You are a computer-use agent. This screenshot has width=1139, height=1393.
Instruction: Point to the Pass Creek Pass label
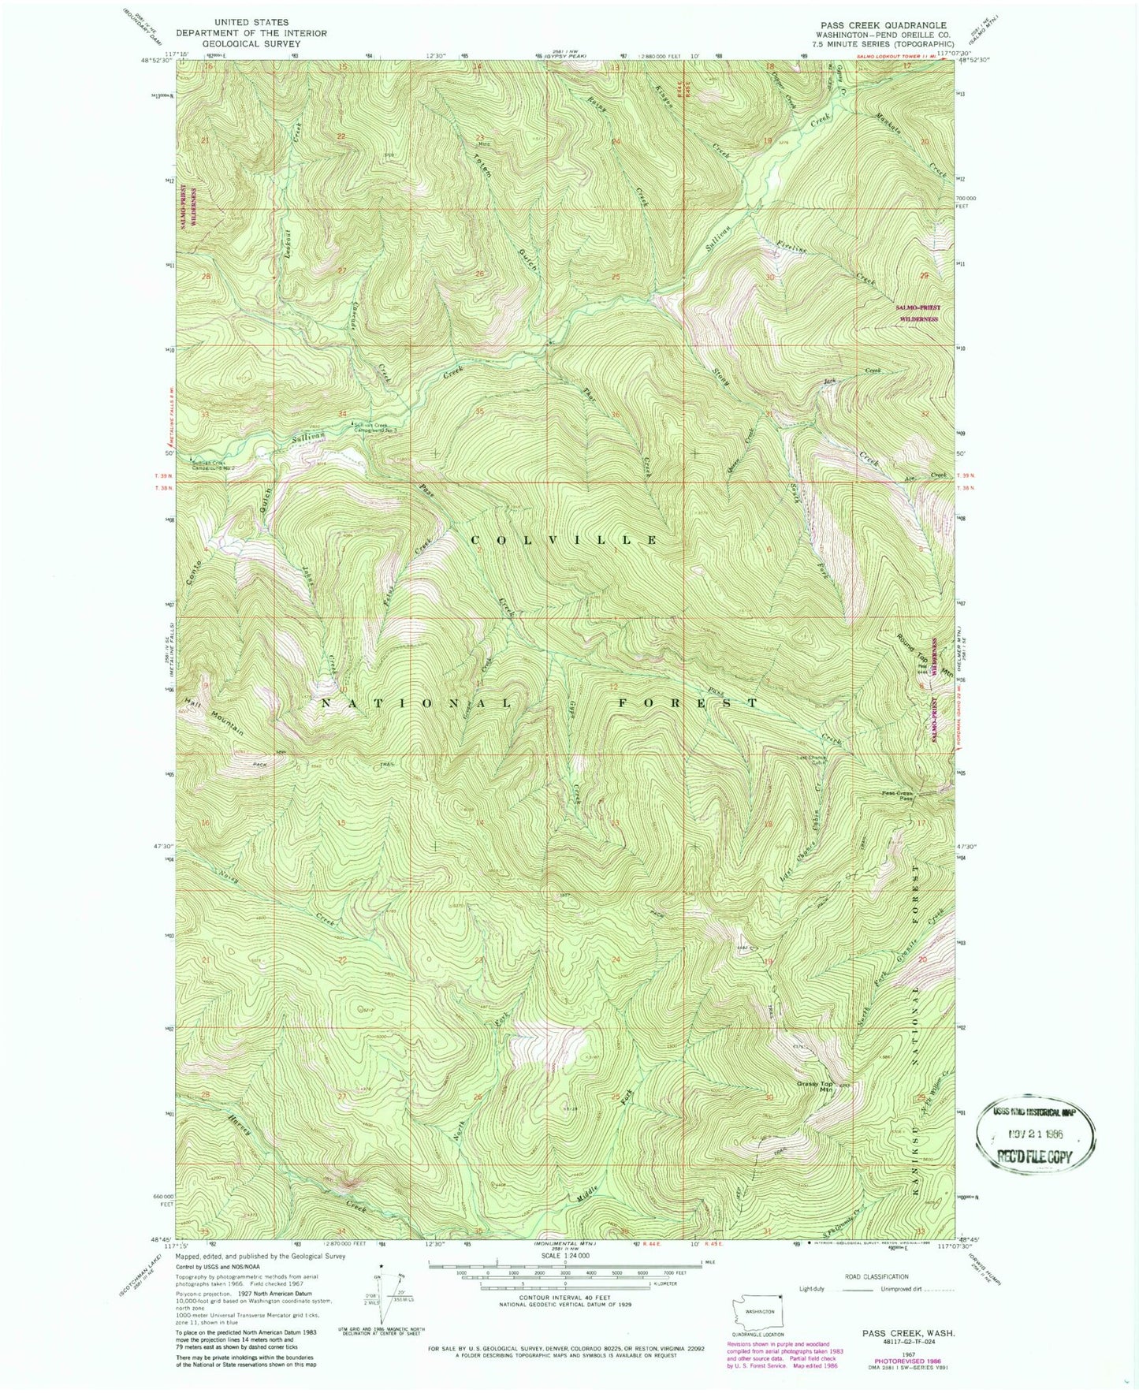(x=896, y=795)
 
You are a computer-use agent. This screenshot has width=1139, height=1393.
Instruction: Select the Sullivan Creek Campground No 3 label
(x=378, y=428)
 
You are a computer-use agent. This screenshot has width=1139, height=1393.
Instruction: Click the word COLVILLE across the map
(x=564, y=539)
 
